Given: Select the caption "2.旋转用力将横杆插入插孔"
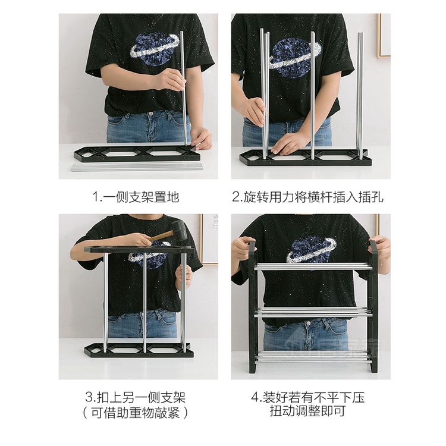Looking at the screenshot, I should pos(310,196).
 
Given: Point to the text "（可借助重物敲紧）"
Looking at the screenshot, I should pos(139,412).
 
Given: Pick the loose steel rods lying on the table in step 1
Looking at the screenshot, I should pos(137,167).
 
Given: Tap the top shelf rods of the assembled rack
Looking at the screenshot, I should pos(313,267).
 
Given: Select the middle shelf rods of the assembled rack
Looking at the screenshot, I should pos(313,311).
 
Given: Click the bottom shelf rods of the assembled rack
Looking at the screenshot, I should pos(313,357).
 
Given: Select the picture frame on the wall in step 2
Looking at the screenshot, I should pos(384,36).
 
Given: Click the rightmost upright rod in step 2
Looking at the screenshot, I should pos(360,95).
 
